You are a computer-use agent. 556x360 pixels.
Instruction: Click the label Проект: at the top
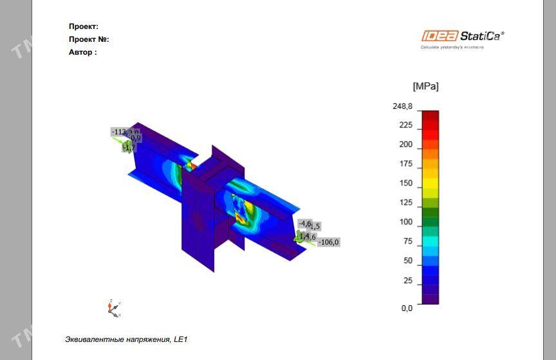pos(84,26)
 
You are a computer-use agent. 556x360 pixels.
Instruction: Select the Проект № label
pos(89,39)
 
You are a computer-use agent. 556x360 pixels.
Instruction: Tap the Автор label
pos(83,52)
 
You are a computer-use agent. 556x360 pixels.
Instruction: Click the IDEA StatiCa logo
pos(463,36)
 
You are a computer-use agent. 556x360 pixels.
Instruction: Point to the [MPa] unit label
pos(425,86)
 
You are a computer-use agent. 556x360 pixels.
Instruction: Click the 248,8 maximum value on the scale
pos(403,106)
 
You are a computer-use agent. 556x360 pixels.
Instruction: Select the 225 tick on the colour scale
pos(405,125)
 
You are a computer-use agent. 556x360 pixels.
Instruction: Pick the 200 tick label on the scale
pos(405,144)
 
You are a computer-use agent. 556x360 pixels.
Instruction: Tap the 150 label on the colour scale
pos(405,183)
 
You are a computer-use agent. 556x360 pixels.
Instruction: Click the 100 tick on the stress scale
pos(405,222)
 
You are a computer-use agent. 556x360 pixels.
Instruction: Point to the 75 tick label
pos(407,241)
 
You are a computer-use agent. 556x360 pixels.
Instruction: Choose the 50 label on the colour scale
pos(407,260)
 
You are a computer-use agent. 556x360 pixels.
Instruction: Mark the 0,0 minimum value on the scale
pos(407,308)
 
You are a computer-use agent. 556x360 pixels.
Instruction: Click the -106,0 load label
pos(328,243)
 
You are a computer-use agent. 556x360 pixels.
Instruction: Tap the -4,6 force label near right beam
pos(304,223)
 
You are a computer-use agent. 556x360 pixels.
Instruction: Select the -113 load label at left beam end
pos(118,132)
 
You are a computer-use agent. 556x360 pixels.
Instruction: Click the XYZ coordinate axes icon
pos(114,308)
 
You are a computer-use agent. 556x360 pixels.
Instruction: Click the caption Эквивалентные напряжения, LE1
pos(126,339)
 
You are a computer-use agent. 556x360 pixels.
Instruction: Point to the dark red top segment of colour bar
pos(430,115)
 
